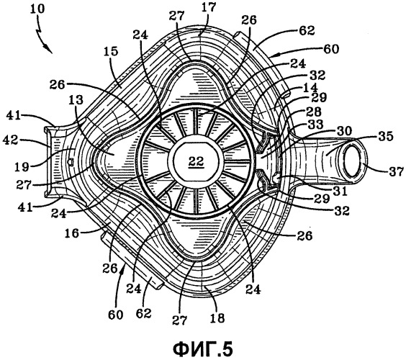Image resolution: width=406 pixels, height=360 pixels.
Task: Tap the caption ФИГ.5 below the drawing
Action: [203, 349]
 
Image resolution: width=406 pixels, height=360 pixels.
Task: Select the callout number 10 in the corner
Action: [37, 9]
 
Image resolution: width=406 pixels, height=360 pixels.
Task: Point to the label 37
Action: [396, 171]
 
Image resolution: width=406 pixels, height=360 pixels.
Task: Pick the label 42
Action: [11, 140]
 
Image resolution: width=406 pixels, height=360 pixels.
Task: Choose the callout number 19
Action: [22, 167]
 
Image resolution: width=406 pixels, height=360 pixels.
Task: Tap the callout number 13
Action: [76, 99]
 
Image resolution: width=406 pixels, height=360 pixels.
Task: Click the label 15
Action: [111, 52]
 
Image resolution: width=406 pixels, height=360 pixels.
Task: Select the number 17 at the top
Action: [209, 7]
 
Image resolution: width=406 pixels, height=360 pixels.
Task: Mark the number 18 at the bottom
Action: [217, 318]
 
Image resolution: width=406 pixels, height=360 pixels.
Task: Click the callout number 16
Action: [72, 233]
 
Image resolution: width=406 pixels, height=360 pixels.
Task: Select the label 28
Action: [314, 112]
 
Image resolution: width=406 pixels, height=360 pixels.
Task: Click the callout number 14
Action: [310, 88]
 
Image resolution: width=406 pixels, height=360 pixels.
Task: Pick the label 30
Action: [344, 130]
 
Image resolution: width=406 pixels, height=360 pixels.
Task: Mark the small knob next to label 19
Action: [69, 162]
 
